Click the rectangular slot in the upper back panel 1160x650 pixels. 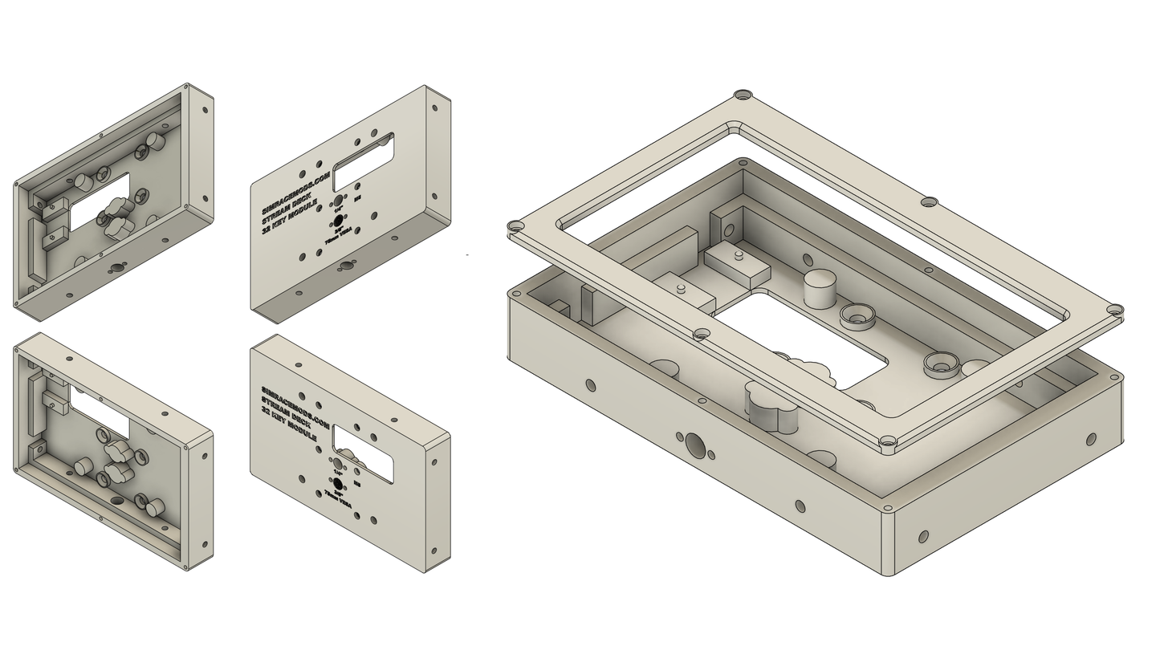tap(363, 152)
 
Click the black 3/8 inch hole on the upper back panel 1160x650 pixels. tap(339, 220)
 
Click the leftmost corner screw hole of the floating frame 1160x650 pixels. tap(515, 227)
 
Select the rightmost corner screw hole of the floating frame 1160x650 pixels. tap(1114, 310)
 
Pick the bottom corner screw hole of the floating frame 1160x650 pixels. tap(887, 441)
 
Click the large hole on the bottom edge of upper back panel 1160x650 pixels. tap(347, 265)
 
